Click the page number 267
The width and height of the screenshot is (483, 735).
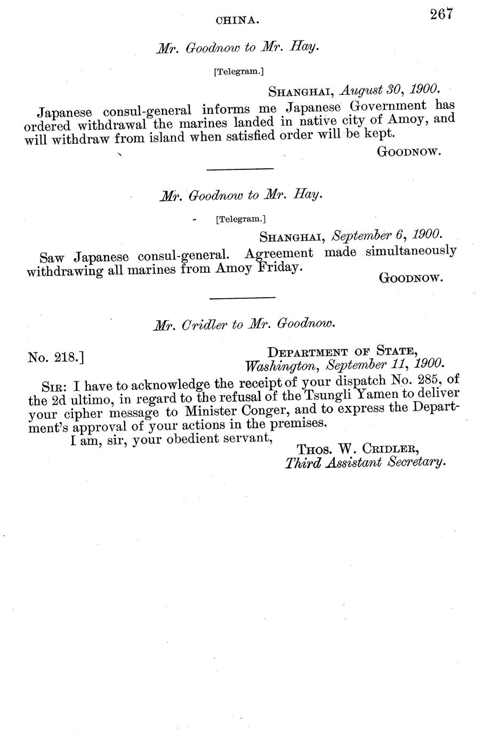click(441, 14)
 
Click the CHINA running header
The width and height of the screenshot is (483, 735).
click(237, 21)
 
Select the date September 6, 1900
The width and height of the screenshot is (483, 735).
click(387, 234)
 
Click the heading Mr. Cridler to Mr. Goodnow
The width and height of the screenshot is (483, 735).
click(244, 324)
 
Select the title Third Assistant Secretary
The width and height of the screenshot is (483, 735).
click(365, 462)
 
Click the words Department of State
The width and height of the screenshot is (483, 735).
click(342, 351)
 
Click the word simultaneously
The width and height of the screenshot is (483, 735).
click(411, 251)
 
